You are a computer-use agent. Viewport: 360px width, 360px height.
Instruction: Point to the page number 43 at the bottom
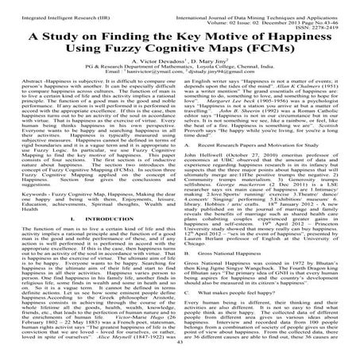click(180, 355)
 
